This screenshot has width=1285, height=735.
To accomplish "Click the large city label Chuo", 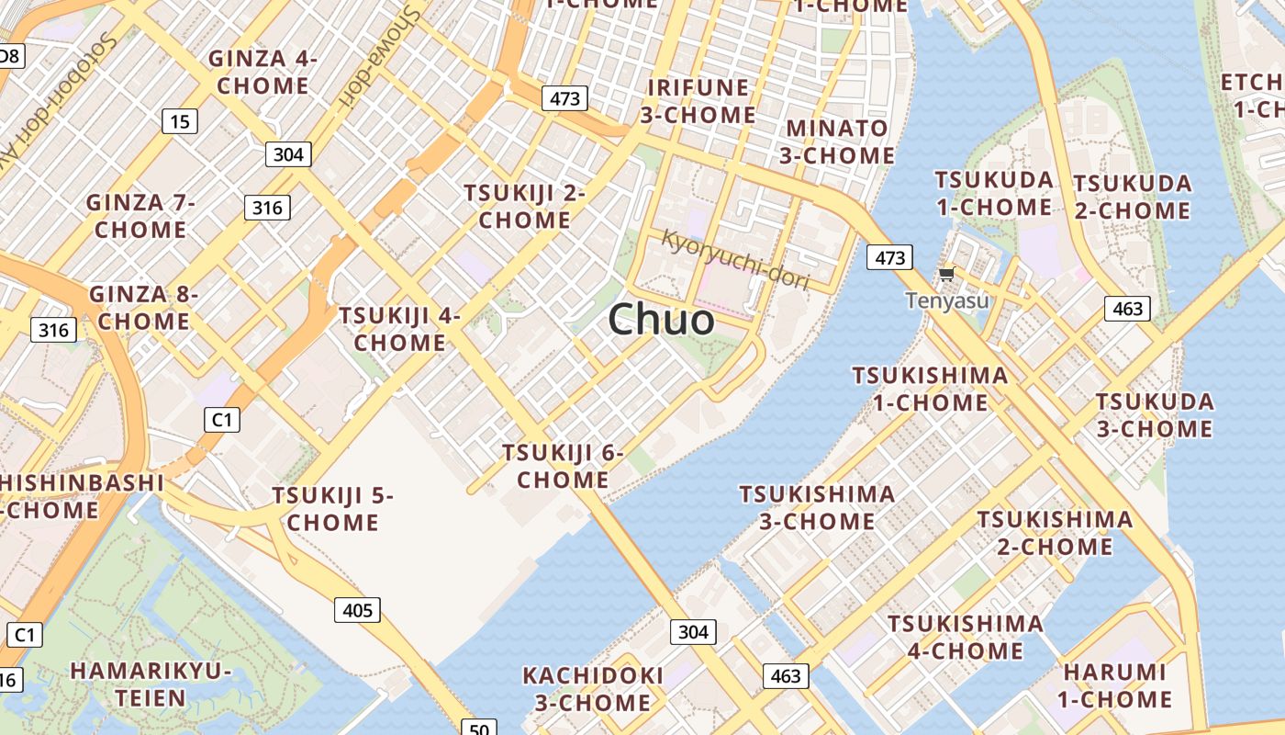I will coord(661,320).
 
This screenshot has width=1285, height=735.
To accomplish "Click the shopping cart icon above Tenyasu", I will coord(946,274).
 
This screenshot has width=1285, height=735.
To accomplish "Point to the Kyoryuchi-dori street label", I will coord(735,260).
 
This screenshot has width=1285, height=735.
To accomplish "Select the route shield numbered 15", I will coord(180,120).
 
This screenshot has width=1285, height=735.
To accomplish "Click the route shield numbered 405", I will coord(357,610).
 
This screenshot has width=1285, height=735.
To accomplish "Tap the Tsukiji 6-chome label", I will coord(563,466).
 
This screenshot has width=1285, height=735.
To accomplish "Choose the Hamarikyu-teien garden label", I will coord(151,684).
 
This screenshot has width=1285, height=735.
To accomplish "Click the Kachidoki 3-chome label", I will coord(592,689).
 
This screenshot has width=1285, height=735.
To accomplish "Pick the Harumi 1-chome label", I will coord(1114,685).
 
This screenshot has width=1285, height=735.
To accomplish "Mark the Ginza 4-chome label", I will coord(263,73).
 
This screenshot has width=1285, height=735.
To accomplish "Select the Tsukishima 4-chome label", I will coord(965,638).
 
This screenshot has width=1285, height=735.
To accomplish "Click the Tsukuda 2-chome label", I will coord(1133,197).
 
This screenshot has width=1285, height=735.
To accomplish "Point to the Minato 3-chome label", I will coord(837,141).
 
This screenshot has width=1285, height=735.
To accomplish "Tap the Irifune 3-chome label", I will coord(698,101).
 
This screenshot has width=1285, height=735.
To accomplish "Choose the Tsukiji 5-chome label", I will coord(332,509).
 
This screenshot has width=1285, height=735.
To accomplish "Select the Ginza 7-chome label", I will coord(140,216).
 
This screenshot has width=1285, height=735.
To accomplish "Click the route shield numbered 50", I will coord(478,729).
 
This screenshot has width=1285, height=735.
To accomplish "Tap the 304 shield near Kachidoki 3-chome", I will coord(693,632).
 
